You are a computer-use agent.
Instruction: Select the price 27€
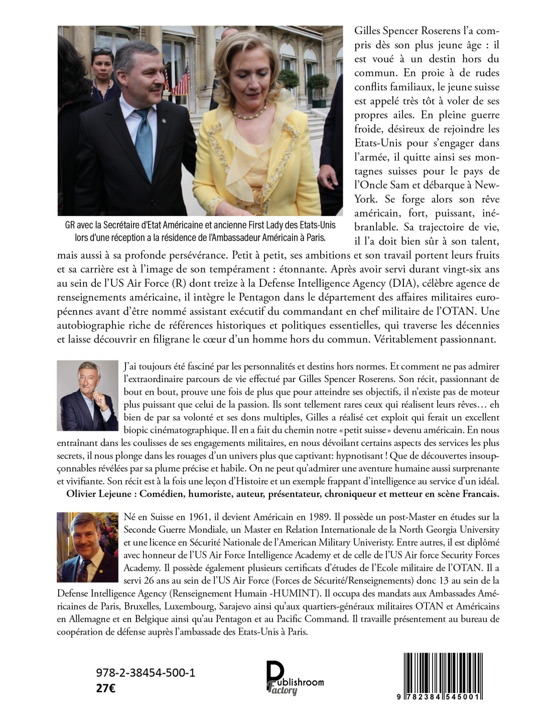pyautogui.click(x=105, y=688)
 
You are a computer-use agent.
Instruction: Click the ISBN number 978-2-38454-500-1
pyautogui.click(x=145, y=673)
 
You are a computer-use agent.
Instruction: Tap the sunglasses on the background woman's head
pyautogui.click(x=103, y=50)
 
